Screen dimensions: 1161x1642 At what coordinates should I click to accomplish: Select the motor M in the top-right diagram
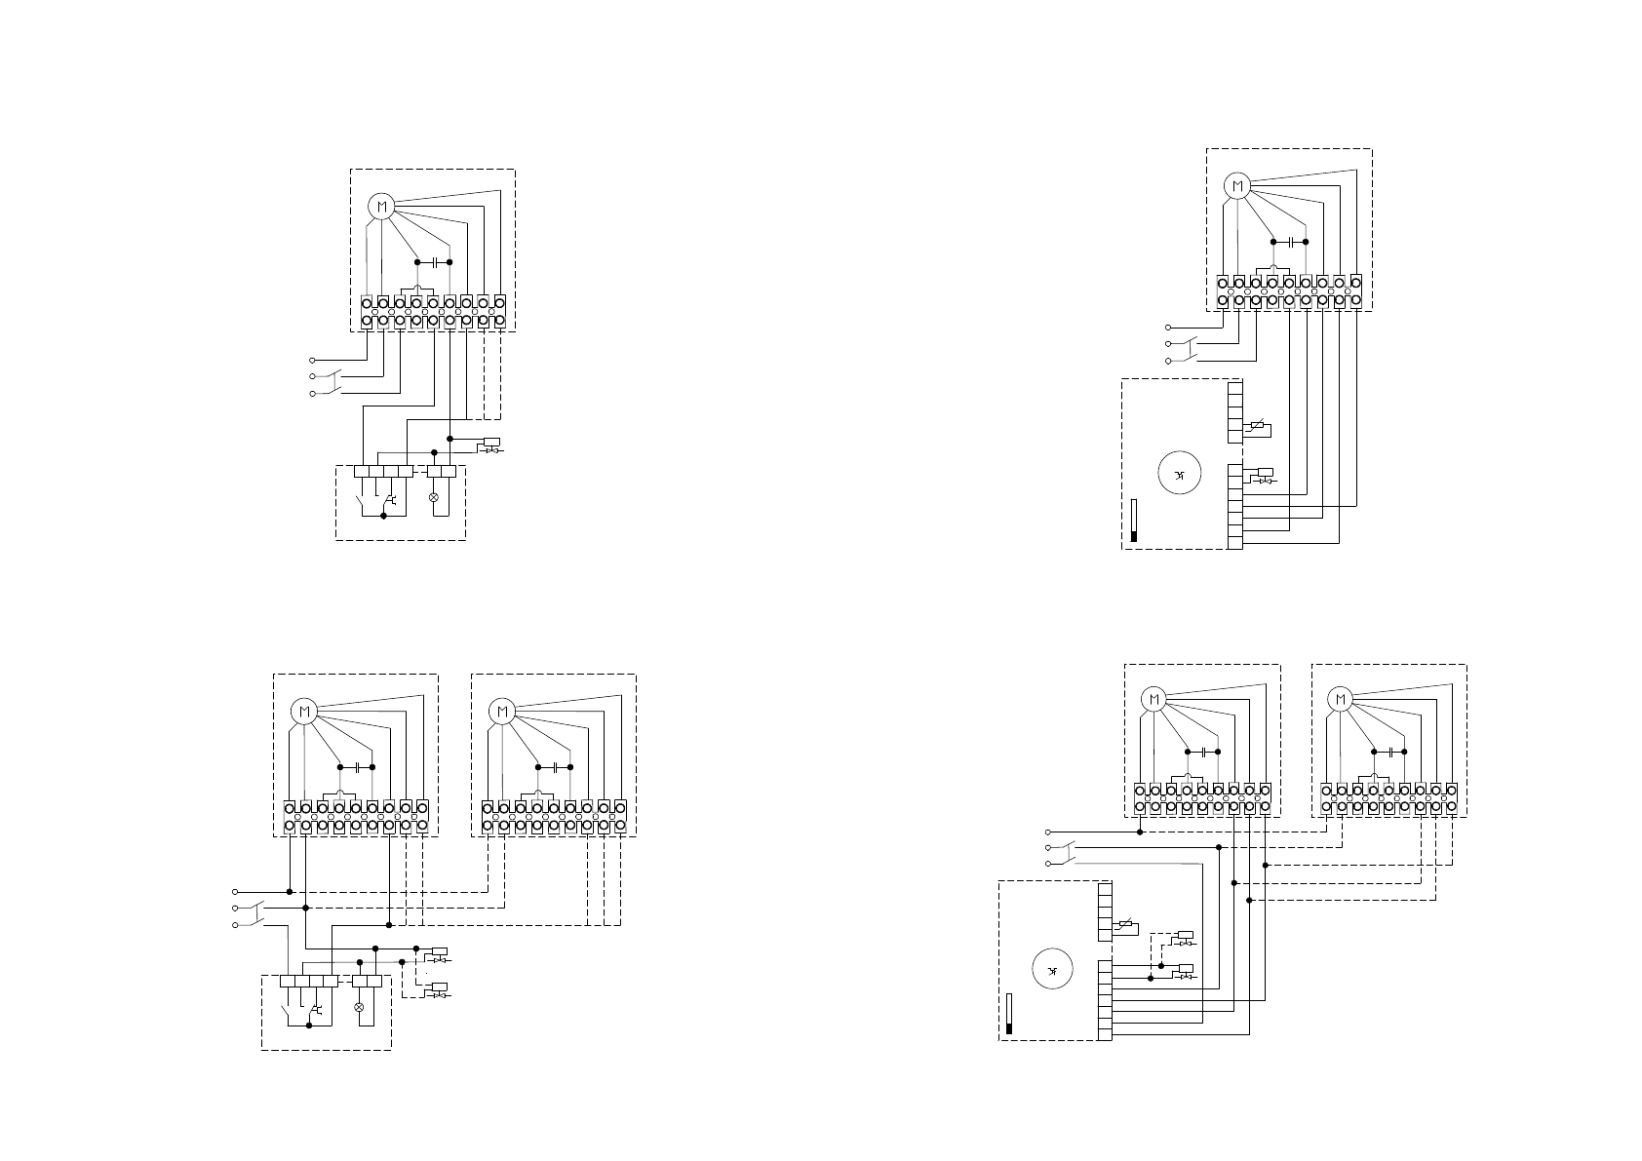pyautogui.click(x=1237, y=185)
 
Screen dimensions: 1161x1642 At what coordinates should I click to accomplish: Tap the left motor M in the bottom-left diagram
pyautogui.click(x=304, y=712)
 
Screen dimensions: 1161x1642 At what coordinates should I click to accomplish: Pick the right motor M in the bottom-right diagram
pyautogui.click(x=1341, y=699)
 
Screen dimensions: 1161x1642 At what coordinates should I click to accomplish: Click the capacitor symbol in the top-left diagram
pyautogui.click(x=434, y=262)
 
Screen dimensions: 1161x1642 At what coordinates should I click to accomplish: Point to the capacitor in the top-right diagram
pyautogui.click(x=1290, y=242)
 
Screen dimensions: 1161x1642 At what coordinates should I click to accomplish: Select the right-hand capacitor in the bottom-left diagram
pyautogui.click(x=554, y=767)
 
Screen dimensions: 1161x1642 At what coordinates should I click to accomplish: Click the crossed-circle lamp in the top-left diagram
pyautogui.click(x=434, y=497)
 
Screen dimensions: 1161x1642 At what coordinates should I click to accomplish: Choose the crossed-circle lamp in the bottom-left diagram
pyautogui.click(x=358, y=1006)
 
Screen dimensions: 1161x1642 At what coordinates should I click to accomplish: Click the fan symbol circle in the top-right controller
pyautogui.click(x=1179, y=475)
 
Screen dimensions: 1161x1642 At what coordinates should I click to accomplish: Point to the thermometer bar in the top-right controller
pyautogui.click(x=1134, y=521)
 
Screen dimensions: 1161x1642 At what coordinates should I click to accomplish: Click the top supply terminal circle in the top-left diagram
pyautogui.click(x=312, y=360)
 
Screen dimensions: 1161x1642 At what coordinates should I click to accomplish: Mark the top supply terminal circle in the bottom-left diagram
pyautogui.click(x=235, y=891)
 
